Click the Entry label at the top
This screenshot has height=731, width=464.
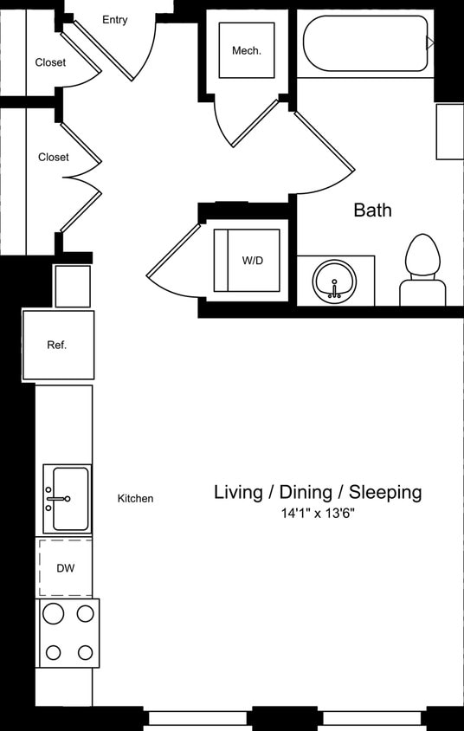pos(114,19)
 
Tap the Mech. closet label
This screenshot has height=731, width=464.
pos(246,50)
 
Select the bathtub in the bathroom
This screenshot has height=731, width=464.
pos(364,43)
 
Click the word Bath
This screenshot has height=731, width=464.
pos(372,210)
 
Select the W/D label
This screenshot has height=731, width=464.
pos(252,261)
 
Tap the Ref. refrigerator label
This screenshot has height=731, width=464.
pos(57,345)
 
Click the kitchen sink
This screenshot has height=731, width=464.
pos(67,499)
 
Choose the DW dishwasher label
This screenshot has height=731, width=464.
pos(66,568)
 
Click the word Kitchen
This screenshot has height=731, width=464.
pos(136,498)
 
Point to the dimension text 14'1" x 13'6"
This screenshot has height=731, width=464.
pos(318,514)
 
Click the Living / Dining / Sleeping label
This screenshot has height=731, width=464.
pos(318,492)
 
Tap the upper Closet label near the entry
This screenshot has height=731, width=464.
pos(51,62)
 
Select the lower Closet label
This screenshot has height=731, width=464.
pos(54,157)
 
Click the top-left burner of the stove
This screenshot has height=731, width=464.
pos(53,614)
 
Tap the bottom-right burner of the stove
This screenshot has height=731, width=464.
pos(85,652)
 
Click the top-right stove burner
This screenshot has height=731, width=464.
pos(85,614)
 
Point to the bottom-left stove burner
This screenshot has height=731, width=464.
pos(53,652)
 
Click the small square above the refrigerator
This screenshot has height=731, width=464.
pos(73,286)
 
